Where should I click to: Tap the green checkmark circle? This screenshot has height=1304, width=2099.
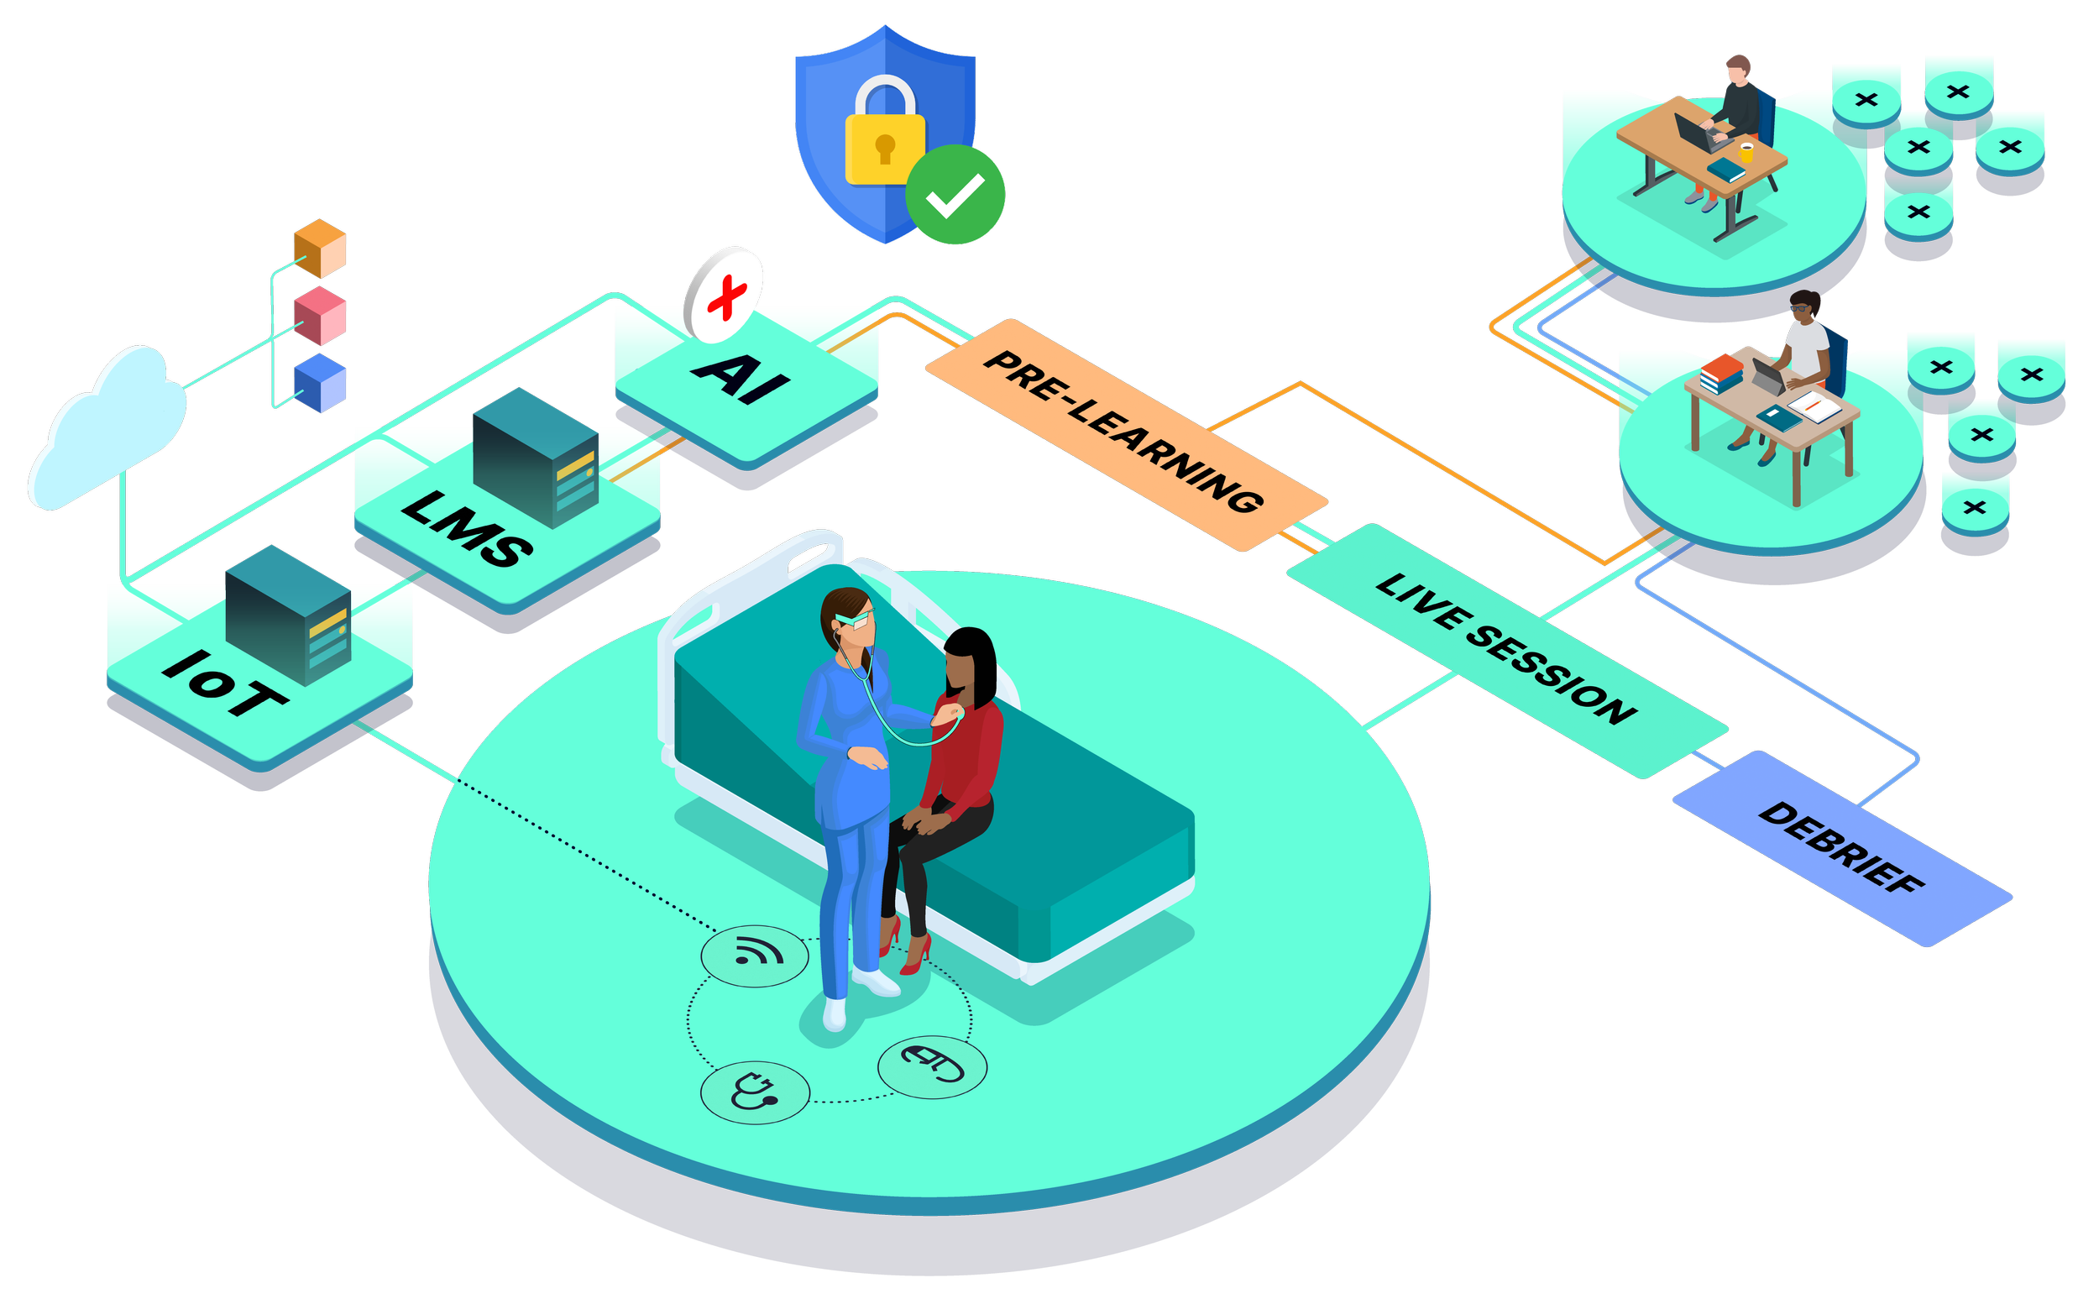pos(955,195)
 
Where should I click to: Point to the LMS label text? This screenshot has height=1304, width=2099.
pos(467,528)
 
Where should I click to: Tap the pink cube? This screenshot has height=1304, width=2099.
pos(320,317)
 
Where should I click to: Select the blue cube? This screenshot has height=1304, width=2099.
pos(320,383)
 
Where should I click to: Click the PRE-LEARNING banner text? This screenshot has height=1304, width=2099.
pos(1123,432)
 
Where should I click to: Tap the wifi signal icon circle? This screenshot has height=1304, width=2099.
pos(755,955)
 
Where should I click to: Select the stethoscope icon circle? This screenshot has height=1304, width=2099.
pos(755,1092)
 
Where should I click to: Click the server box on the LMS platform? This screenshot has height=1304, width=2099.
pos(536,457)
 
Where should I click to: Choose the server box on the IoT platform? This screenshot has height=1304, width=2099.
pos(288,615)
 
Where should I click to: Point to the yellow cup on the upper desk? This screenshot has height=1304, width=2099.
pos(1747,153)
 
